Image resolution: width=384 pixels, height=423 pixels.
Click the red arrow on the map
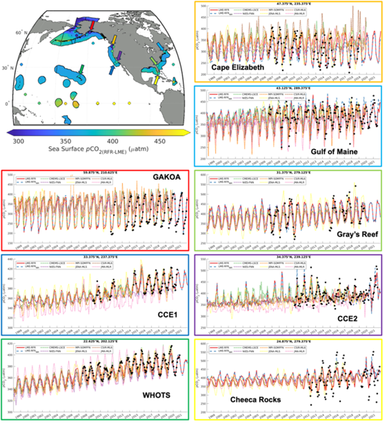[92, 25]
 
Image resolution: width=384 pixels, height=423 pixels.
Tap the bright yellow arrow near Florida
[157, 80]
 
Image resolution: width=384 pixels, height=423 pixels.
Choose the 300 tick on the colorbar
[18, 141]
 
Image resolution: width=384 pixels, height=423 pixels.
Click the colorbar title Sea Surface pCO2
[98, 150]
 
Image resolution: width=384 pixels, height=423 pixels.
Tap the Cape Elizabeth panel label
[238, 68]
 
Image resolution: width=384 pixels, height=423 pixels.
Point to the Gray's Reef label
[355, 235]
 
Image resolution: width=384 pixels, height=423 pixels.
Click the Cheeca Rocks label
[255, 400]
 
